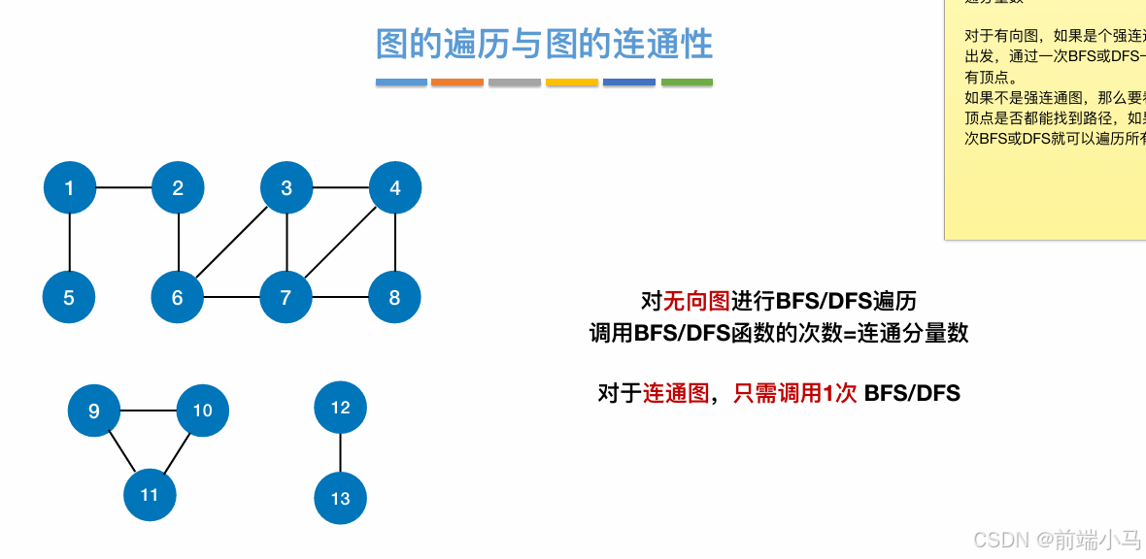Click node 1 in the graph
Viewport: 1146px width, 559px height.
pos(69,188)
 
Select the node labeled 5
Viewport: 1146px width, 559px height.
pos(69,297)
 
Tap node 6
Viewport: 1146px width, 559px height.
pos(177,297)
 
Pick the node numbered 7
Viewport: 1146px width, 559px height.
pos(286,297)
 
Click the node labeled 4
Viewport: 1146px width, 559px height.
pos(394,188)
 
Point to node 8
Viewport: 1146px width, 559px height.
pos(394,297)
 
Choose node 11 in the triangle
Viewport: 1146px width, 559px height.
pos(149,495)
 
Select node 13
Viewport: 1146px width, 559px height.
pos(340,498)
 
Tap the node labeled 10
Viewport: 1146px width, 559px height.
pos(202,411)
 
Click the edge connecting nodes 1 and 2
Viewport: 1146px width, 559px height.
pos(123,188)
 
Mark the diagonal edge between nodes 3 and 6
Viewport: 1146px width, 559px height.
pos(232,243)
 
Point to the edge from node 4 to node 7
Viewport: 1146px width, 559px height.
pos(340,243)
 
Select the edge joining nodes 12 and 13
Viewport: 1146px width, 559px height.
pos(340,453)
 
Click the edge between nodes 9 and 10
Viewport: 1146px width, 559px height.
pos(148,411)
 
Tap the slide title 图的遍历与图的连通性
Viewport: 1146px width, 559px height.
pos(544,45)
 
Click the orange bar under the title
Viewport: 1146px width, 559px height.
pos(457,82)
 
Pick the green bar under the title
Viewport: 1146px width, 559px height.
pos(687,82)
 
